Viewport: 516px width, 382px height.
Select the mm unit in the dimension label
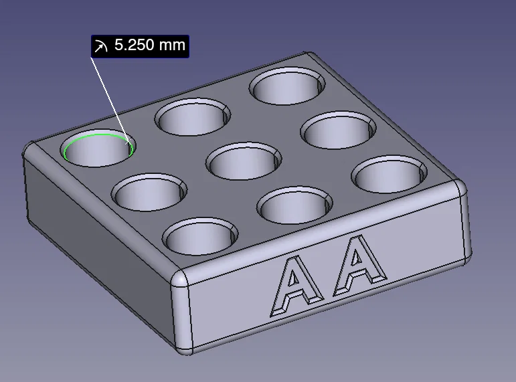[170, 46]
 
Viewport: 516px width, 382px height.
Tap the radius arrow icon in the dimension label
[101, 46]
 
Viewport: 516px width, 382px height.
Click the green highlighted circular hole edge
[75, 140]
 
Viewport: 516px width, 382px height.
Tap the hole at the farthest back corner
[288, 86]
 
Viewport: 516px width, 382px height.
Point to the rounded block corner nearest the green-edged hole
[29, 151]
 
